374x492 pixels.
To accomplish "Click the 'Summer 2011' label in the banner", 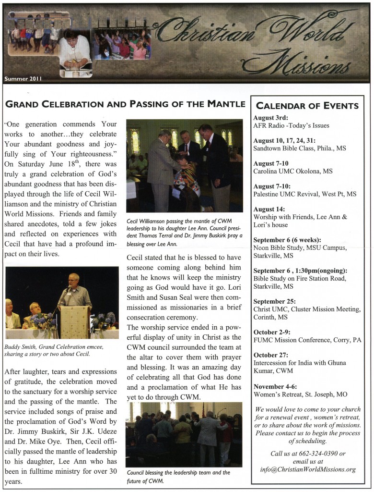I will click(x=23, y=78).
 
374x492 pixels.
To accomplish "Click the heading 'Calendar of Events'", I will click(x=307, y=106).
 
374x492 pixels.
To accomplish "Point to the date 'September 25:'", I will click(x=274, y=302).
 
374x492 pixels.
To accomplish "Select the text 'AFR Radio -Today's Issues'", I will click(x=291, y=125).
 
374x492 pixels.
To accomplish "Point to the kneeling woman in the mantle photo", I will click(x=185, y=178).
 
